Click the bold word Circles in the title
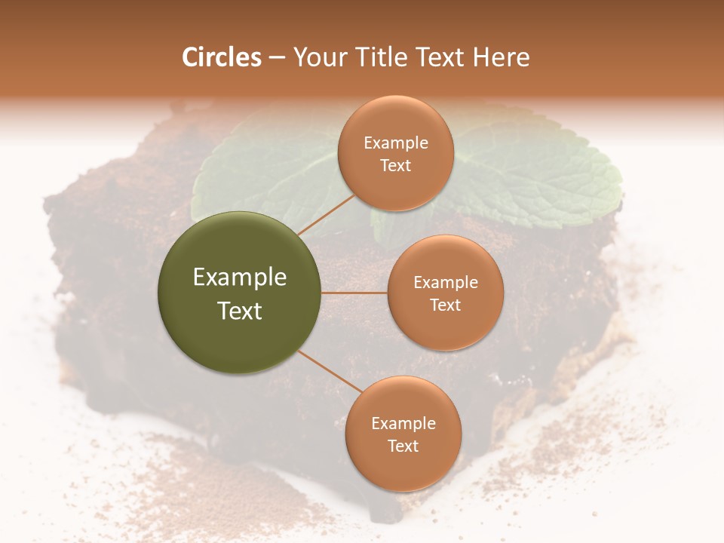coord(222,57)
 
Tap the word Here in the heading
coord(501,57)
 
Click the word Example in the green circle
coord(240,278)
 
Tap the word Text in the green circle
coord(240,311)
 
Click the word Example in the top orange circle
coord(395,143)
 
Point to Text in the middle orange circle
coord(445,305)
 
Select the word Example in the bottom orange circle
coord(403,424)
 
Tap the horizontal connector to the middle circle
coord(354,293)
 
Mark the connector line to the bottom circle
coord(330,373)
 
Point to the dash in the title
coord(277,58)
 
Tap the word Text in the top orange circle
coord(395,165)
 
